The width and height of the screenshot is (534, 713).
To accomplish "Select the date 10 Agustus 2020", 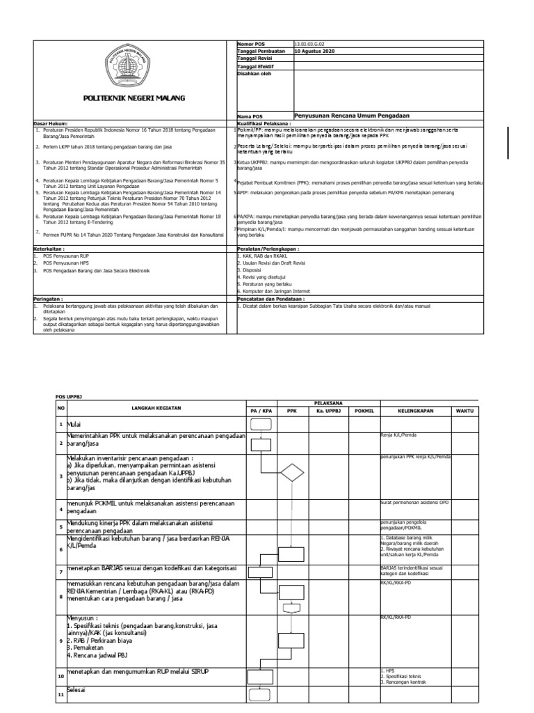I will [x=315, y=52].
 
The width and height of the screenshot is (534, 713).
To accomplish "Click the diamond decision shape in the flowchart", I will [x=291, y=476].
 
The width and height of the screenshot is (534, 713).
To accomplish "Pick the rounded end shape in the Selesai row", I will [x=259, y=694].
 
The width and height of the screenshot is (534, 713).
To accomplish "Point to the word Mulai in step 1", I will [x=74, y=424].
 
